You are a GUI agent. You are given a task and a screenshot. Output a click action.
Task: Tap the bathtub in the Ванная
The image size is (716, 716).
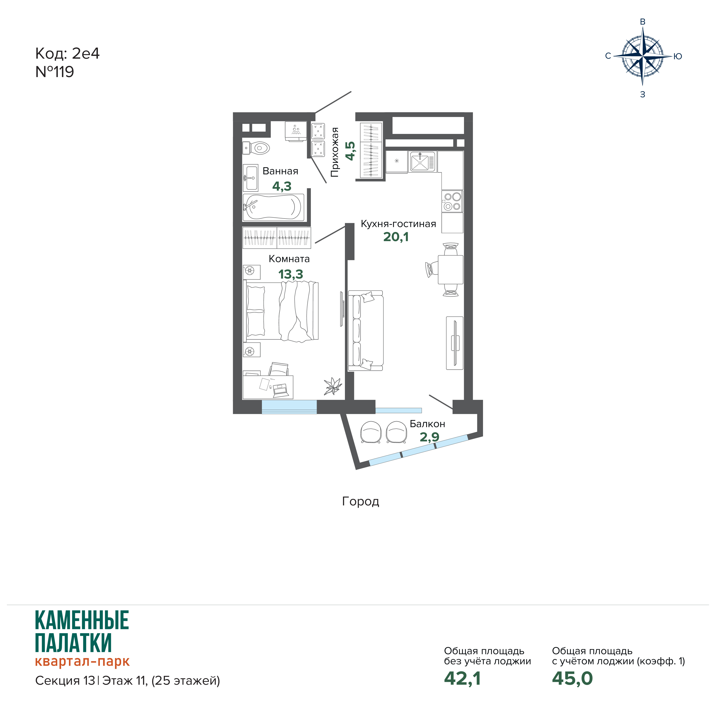[x=274, y=208]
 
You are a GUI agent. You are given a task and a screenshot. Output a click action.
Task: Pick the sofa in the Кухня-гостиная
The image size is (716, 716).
[x=365, y=331]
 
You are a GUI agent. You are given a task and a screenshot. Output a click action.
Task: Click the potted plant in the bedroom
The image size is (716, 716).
[x=332, y=386]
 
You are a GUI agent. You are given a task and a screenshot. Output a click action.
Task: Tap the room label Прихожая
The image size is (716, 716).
[x=335, y=152]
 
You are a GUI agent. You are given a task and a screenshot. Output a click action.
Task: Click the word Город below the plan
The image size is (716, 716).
[x=361, y=501]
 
